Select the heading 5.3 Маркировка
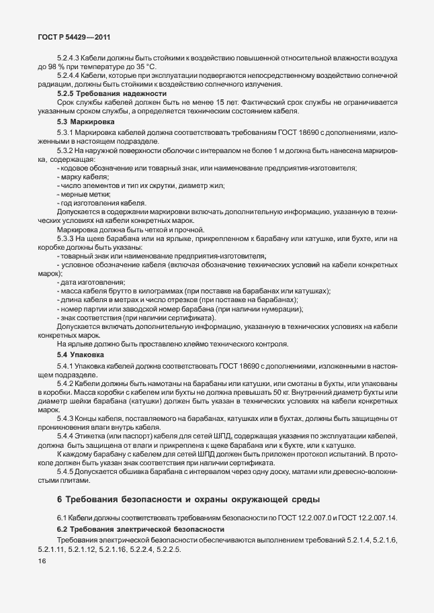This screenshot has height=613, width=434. [87, 123]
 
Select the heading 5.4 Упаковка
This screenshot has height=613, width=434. [84, 354]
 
